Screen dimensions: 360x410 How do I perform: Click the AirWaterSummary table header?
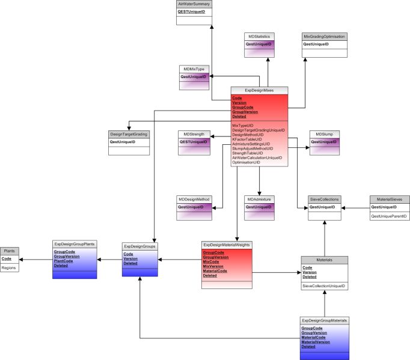194,4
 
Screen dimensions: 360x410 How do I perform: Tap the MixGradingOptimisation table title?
324,36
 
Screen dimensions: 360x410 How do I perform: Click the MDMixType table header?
194,69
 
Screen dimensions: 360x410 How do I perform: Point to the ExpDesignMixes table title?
259,90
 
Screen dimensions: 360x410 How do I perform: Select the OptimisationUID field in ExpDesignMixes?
246,162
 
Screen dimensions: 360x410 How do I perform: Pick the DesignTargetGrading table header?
129,134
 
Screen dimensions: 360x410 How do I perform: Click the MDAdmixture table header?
259,199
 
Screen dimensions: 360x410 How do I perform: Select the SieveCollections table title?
325,199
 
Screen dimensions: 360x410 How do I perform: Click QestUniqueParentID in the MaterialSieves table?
388,216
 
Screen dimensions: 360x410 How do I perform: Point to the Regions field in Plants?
9,267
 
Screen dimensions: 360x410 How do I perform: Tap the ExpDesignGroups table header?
139,246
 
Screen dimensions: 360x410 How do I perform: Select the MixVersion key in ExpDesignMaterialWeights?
213,266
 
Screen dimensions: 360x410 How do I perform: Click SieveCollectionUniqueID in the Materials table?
323,286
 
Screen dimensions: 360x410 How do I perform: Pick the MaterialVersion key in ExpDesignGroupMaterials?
316,342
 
